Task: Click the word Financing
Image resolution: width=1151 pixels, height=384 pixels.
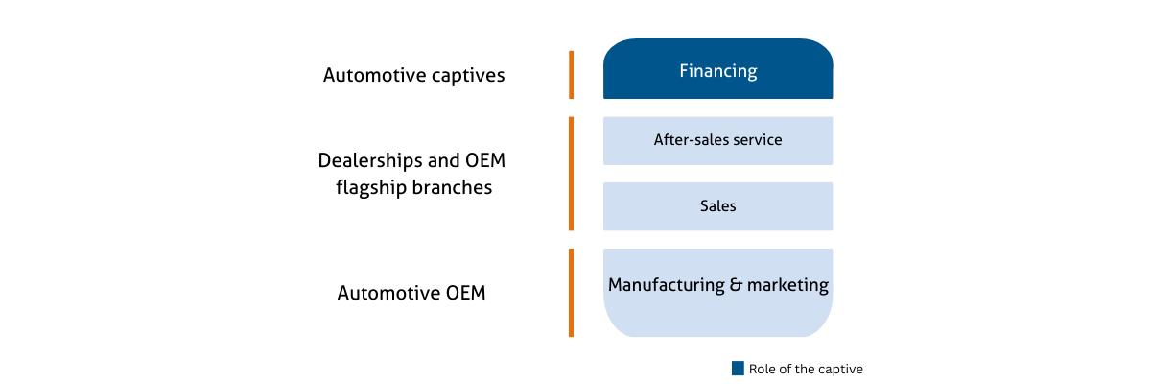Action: pyautogui.click(x=718, y=71)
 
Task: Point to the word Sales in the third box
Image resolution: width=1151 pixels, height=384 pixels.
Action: pyautogui.click(x=718, y=206)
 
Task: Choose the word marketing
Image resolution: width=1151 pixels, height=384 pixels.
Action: pyautogui.click(x=782, y=285)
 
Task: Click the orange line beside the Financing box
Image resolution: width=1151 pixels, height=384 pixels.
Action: pyautogui.click(x=572, y=75)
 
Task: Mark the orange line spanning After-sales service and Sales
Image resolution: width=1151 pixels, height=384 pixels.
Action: pyautogui.click(x=572, y=174)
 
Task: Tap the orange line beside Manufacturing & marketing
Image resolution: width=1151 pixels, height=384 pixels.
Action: pyautogui.click(x=572, y=293)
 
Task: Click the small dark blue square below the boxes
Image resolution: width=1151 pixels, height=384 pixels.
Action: pyautogui.click(x=738, y=369)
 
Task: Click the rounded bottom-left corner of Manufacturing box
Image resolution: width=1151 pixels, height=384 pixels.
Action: pyautogui.click(x=614, y=326)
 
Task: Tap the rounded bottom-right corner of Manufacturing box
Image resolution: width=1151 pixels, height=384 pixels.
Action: pyautogui.click(x=823, y=326)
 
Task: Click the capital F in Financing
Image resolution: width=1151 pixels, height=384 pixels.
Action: pyautogui.click(x=684, y=71)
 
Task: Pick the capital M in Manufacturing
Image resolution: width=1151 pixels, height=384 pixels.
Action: pyautogui.click(x=616, y=285)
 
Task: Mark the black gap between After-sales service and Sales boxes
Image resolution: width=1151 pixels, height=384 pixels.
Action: pyautogui.click(x=718, y=174)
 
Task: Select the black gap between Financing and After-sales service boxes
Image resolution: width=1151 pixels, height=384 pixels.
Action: pyautogui.click(x=718, y=108)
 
